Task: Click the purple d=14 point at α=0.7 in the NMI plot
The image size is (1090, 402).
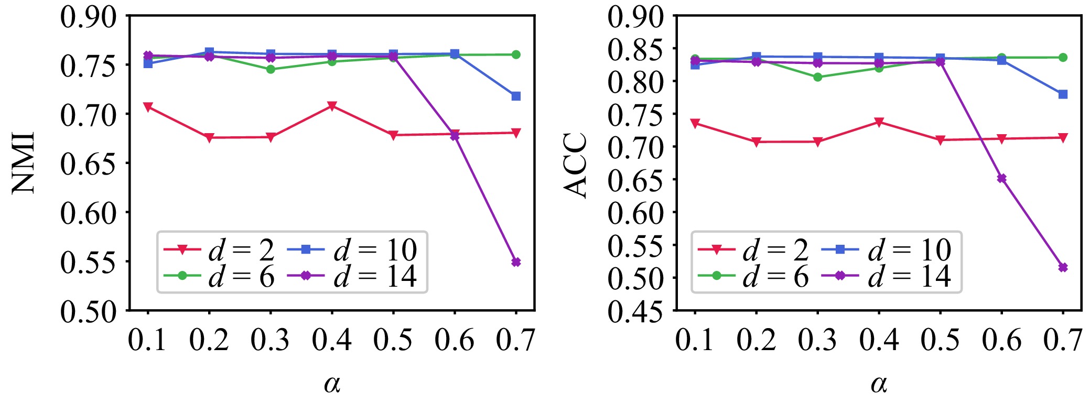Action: tap(516, 262)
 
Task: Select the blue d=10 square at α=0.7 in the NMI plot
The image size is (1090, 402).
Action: tap(516, 96)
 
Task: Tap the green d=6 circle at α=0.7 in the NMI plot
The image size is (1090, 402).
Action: tap(516, 55)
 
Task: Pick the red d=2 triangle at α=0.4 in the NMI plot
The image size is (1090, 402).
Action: tap(332, 106)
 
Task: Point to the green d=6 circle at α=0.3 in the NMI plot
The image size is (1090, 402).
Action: tap(271, 69)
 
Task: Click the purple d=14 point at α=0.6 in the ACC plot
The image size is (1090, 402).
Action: tap(1001, 178)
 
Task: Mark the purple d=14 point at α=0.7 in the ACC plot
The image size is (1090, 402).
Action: tap(1063, 267)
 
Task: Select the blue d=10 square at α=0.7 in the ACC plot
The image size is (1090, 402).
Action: tap(1063, 94)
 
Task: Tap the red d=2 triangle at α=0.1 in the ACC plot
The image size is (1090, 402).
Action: tap(695, 123)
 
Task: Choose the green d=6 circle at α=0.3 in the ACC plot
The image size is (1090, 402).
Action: tap(817, 77)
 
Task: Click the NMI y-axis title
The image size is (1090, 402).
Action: tap(24, 163)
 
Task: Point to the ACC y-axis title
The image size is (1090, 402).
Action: tap(576, 166)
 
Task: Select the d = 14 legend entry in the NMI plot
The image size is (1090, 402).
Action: tap(357, 276)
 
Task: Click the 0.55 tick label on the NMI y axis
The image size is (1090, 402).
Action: tap(88, 262)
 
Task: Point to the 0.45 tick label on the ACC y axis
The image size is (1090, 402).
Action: tap(635, 311)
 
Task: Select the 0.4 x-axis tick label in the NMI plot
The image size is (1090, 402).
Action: tap(332, 340)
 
